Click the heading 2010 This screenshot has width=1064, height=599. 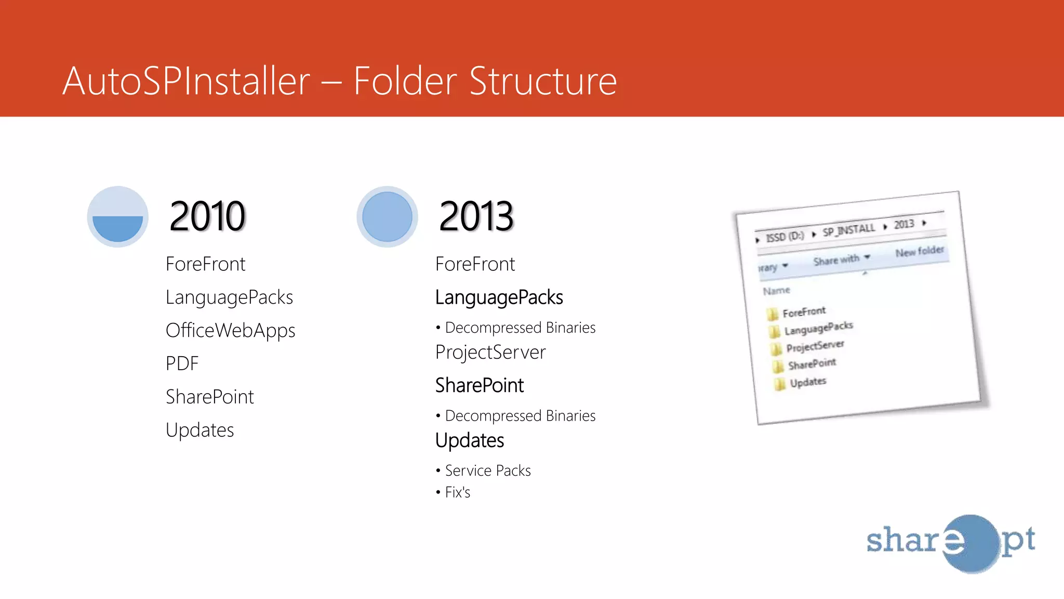click(x=207, y=216)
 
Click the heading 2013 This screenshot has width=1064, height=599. click(x=476, y=216)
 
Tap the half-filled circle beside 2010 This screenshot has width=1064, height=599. click(x=117, y=217)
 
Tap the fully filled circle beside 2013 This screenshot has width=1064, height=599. click(x=387, y=217)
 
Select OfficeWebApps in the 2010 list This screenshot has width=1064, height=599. click(x=230, y=331)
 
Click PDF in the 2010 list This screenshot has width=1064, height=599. click(x=182, y=363)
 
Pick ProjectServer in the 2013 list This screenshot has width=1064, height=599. click(x=490, y=353)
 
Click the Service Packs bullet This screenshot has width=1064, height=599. click(x=487, y=471)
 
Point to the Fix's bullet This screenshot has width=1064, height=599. click(x=457, y=492)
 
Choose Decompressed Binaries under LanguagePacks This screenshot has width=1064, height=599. click(x=520, y=328)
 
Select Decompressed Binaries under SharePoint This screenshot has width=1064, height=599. click(x=520, y=416)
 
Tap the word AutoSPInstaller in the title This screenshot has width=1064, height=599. click(x=186, y=81)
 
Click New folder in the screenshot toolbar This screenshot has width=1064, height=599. click(x=919, y=252)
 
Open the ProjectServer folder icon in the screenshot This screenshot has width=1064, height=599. click(x=776, y=348)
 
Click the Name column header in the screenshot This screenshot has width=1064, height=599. click(x=776, y=291)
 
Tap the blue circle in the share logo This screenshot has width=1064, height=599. click(x=970, y=543)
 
